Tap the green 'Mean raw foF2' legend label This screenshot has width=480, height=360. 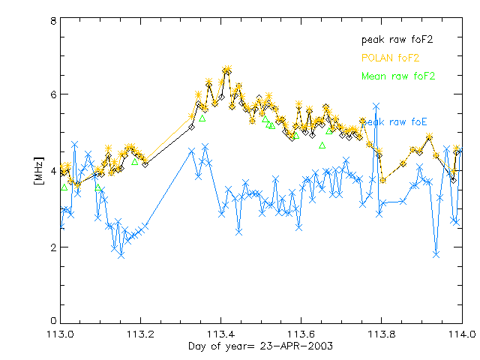(398, 76)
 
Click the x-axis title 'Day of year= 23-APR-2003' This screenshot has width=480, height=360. (260, 346)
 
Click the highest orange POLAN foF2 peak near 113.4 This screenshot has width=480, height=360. (226, 69)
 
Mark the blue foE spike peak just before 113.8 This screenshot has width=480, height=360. (376, 106)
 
